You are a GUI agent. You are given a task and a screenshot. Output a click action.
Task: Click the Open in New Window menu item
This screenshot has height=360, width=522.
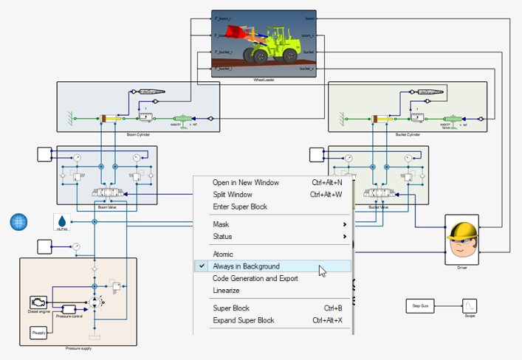[240, 183]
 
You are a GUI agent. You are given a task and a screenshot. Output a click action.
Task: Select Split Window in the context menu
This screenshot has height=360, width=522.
[234, 195]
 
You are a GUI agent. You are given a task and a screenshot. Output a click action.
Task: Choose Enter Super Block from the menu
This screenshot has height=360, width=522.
[240, 207]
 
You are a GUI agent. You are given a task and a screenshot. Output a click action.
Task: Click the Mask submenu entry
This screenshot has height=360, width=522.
[221, 224]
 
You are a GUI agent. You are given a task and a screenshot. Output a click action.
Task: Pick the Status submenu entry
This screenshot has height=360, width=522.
[222, 236]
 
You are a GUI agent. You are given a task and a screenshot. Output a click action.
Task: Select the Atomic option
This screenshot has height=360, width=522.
[223, 255]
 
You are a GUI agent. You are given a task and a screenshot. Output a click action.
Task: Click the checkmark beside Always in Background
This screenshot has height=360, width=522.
[201, 266]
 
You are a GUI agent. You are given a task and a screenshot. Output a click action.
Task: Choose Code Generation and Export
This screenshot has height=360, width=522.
[255, 278]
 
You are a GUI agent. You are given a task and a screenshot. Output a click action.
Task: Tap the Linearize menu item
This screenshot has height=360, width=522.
[226, 290]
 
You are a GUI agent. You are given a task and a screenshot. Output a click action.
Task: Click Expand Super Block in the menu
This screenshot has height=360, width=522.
[244, 320]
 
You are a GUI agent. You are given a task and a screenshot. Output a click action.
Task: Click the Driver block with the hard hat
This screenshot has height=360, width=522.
[461, 240]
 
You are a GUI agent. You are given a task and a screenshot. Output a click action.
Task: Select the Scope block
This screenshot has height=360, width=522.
[470, 305]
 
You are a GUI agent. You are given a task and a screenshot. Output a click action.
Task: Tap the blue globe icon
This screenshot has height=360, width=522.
[18, 221]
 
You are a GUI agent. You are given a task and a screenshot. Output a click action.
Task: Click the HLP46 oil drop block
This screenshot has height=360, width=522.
[62, 221]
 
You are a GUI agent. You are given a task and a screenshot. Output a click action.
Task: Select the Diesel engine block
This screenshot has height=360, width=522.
[38, 302]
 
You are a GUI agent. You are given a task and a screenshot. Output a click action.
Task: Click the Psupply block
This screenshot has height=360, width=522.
[39, 333]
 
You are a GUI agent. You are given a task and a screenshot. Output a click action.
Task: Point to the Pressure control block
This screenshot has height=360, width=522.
[69, 309]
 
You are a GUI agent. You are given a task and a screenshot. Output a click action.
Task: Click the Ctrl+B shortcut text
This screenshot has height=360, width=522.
[333, 308]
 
